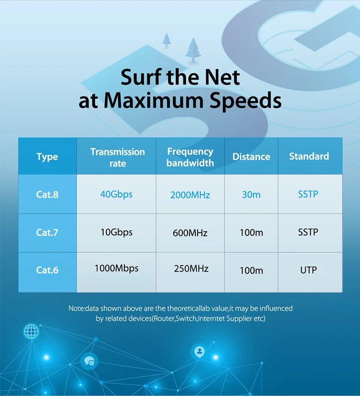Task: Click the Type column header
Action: point(47,157)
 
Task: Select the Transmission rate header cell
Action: point(117,157)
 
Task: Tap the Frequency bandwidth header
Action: point(190,157)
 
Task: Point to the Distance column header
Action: point(251,157)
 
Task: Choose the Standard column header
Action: point(309,156)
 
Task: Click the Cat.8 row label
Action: point(47,195)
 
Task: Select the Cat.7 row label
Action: point(47,233)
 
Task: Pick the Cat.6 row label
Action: point(47,270)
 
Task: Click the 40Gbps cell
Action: point(116,194)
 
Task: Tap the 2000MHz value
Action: point(190,195)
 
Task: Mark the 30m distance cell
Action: point(251,195)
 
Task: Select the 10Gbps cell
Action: point(116,232)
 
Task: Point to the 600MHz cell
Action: point(190,233)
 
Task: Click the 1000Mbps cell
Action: point(116,268)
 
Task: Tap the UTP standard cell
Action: point(308,270)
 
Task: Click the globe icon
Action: point(31,331)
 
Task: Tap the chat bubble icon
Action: point(89,361)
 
